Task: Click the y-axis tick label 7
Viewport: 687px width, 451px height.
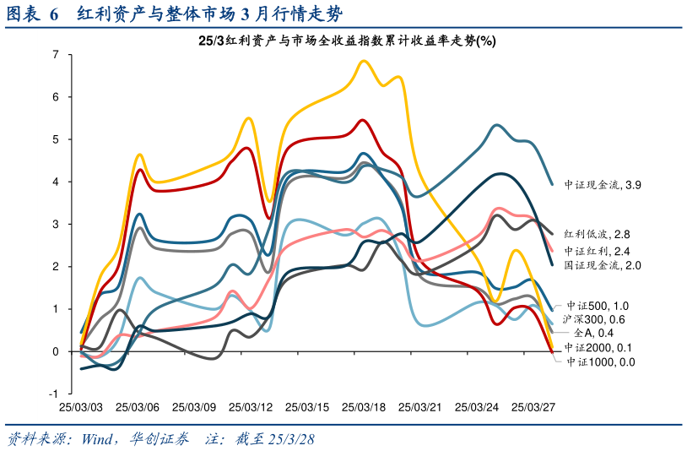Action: click(55, 55)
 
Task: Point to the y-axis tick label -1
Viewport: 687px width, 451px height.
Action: click(53, 394)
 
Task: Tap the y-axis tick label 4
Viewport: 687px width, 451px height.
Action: click(55, 182)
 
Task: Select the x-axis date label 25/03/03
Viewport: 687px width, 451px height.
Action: click(81, 407)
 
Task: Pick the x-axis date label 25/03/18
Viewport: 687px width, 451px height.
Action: click(364, 407)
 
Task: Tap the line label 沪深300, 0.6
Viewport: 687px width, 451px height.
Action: click(593, 319)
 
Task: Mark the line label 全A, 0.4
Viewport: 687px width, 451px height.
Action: click(592, 333)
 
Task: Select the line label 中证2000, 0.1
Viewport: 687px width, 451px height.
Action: click(598, 347)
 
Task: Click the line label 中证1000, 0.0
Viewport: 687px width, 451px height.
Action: click(599, 361)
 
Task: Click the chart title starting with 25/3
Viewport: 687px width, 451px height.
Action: click(347, 41)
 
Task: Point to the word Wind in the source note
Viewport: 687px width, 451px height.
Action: click(100, 440)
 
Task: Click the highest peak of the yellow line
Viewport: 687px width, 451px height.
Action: click(365, 61)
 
